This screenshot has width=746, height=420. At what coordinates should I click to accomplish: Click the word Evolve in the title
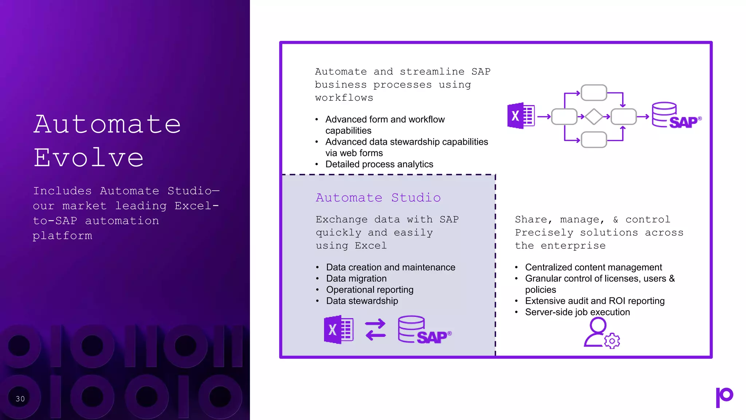(89, 158)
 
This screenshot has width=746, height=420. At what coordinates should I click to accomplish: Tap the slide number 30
(20, 399)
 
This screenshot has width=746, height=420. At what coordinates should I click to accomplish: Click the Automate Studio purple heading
(378, 198)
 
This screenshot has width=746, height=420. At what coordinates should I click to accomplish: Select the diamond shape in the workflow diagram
(594, 117)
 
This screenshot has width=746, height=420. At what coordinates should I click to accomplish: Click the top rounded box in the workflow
(594, 93)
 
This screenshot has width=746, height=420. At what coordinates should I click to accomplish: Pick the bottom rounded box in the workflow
(594, 140)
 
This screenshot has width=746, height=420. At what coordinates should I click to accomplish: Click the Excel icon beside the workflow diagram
(521, 116)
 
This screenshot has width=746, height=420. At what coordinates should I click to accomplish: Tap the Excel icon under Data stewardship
(338, 330)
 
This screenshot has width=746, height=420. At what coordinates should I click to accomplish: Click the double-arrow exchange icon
(375, 330)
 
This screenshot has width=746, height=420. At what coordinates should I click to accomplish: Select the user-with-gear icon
(601, 333)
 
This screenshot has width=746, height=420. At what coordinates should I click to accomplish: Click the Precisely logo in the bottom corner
(724, 397)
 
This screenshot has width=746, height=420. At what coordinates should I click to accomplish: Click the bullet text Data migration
(356, 279)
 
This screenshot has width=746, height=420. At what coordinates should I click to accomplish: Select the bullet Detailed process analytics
(379, 164)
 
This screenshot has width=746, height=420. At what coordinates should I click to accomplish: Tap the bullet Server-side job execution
(577, 312)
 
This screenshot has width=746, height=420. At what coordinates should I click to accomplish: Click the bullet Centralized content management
(593, 267)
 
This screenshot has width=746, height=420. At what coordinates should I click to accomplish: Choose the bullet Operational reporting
(370, 290)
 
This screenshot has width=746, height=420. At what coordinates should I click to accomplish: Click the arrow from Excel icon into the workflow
(544, 117)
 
